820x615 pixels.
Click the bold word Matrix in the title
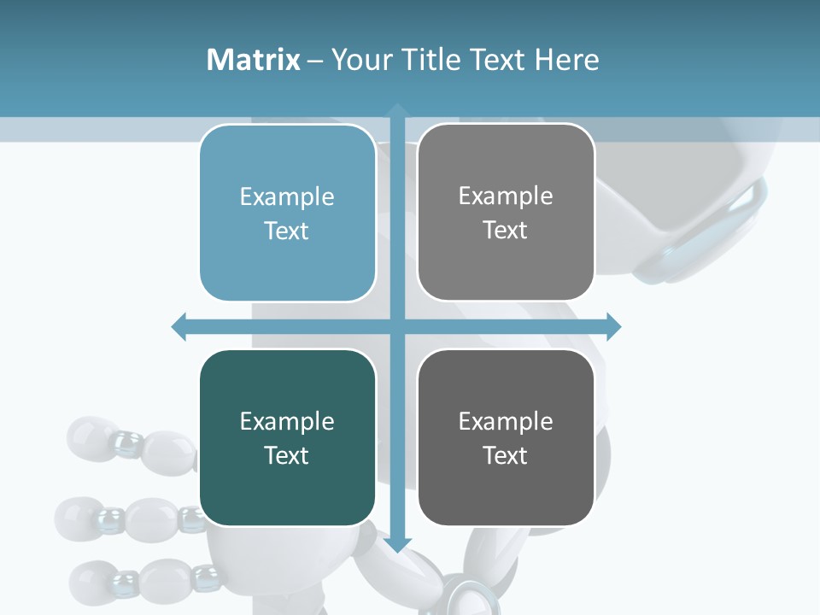254,60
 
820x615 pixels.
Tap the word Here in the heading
566,60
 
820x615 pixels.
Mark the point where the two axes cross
397,326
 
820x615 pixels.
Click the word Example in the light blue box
287,197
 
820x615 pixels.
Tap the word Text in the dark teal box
287,455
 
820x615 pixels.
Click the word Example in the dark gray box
506,421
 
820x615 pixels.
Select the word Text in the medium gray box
506,231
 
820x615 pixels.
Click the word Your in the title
354,60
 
